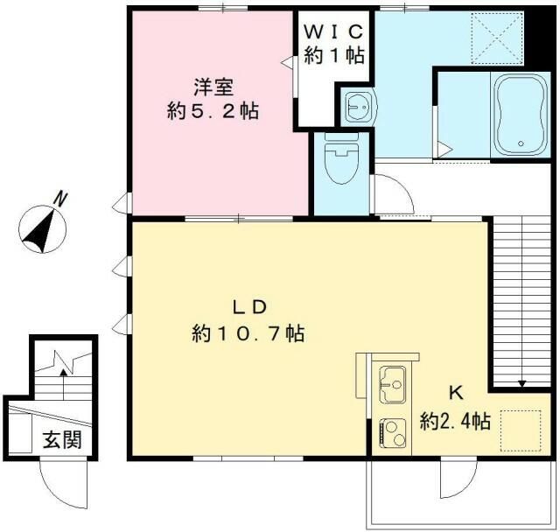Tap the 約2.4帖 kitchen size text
454,421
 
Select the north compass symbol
41,228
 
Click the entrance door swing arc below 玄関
59,483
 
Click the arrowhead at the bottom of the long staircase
521,382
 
